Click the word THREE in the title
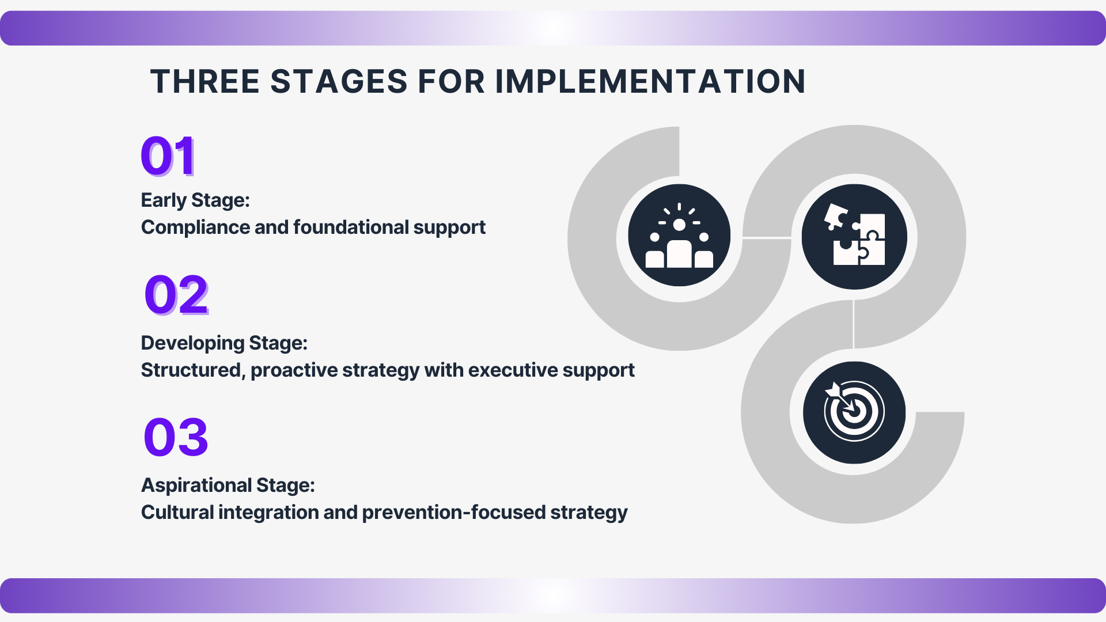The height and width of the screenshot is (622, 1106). coord(205,82)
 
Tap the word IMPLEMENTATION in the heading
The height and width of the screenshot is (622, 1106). coord(650,82)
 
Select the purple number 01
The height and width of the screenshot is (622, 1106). coord(168,155)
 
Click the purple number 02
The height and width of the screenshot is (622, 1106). coord(176,294)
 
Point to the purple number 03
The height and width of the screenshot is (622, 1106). coord(176,437)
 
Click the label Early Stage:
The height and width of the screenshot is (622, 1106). coord(195,200)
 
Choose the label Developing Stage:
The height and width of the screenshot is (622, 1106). coord(224,343)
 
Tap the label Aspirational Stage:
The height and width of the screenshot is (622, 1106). coord(228,485)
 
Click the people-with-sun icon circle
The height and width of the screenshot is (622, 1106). coord(679,236)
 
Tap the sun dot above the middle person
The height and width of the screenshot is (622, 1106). coord(679,225)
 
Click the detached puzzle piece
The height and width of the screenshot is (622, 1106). coord(836,217)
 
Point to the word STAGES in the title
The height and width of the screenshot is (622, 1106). coord(339,82)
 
